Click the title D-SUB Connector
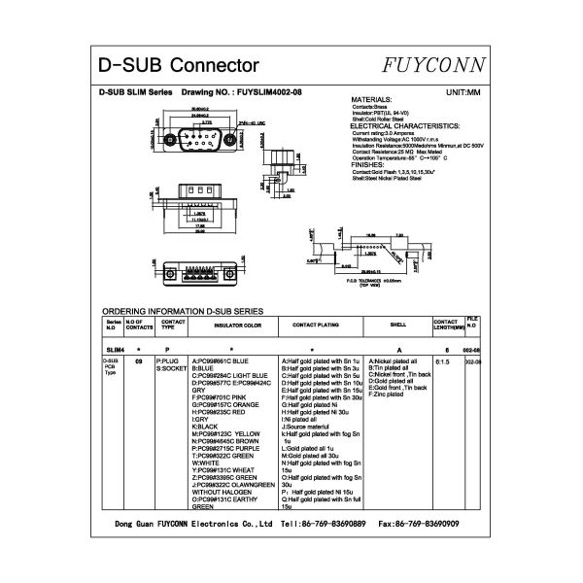pos(180,66)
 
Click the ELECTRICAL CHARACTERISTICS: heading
pos(404,126)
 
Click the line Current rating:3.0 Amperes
pos(386,133)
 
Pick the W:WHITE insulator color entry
pos(206,463)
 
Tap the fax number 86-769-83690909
pos(430,523)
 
